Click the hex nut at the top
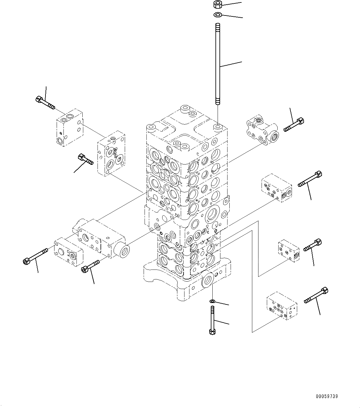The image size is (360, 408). (218, 4)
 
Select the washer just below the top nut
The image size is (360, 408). (218, 15)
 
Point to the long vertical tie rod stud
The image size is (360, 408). (218, 64)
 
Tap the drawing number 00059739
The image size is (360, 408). (327, 396)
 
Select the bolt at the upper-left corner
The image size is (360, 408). (45, 103)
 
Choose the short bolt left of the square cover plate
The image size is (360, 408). (85, 159)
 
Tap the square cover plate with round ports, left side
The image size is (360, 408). (111, 153)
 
